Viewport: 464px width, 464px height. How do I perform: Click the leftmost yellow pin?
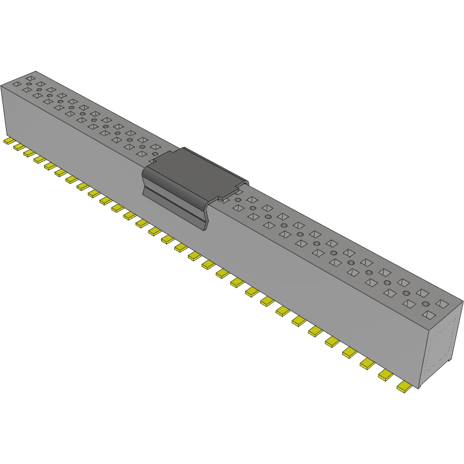(x=8, y=141)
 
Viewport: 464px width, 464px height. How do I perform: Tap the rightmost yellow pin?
(x=404, y=388)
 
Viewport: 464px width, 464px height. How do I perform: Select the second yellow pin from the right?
(x=386, y=375)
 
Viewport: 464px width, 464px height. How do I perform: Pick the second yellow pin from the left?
(x=18, y=147)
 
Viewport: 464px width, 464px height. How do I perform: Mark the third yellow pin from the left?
(x=29, y=153)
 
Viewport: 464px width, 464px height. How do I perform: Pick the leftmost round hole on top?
(x=29, y=84)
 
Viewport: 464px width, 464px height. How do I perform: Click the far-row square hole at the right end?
(x=442, y=304)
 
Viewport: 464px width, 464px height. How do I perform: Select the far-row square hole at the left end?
(x=30, y=78)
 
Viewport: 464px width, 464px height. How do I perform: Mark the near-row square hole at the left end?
(x=17, y=83)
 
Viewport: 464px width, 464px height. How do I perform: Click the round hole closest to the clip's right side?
(x=238, y=199)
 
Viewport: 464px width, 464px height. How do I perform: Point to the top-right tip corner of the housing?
(x=462, y=301)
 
